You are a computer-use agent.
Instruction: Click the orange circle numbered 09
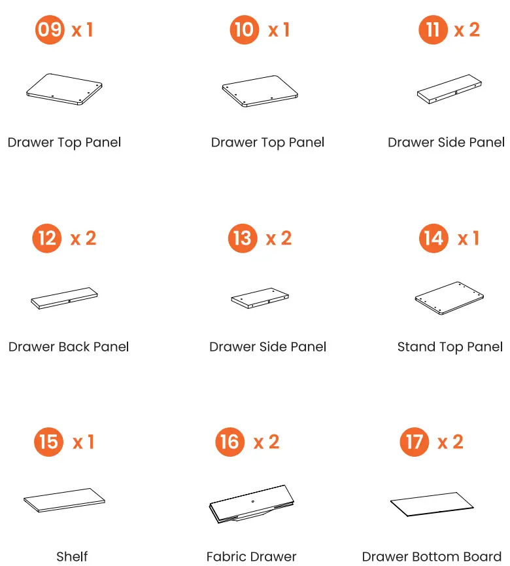pos(50,29)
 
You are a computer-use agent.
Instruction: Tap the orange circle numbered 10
pos(244,29)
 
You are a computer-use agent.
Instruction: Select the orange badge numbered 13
pos(243,238)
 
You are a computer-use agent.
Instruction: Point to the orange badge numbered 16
pos(229,442)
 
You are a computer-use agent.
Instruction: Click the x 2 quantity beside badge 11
pos(467,29)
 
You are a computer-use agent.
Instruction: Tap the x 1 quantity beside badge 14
pos(468,238)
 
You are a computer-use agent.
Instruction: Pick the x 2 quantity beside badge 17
pos(450,442)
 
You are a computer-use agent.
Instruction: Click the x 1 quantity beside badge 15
pos(83,442)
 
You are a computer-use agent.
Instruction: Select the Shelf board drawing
pos(64,500)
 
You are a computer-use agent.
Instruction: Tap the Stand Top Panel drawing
pos(449,298)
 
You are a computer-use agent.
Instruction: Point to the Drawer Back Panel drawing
pos(64,298)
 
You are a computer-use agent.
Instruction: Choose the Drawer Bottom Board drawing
pos(432,504)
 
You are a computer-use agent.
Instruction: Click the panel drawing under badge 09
pos(64,89)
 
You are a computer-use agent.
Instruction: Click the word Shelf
pos(72,556)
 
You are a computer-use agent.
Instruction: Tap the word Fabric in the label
pos(225,556)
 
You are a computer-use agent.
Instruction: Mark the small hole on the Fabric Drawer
pos(252,501)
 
